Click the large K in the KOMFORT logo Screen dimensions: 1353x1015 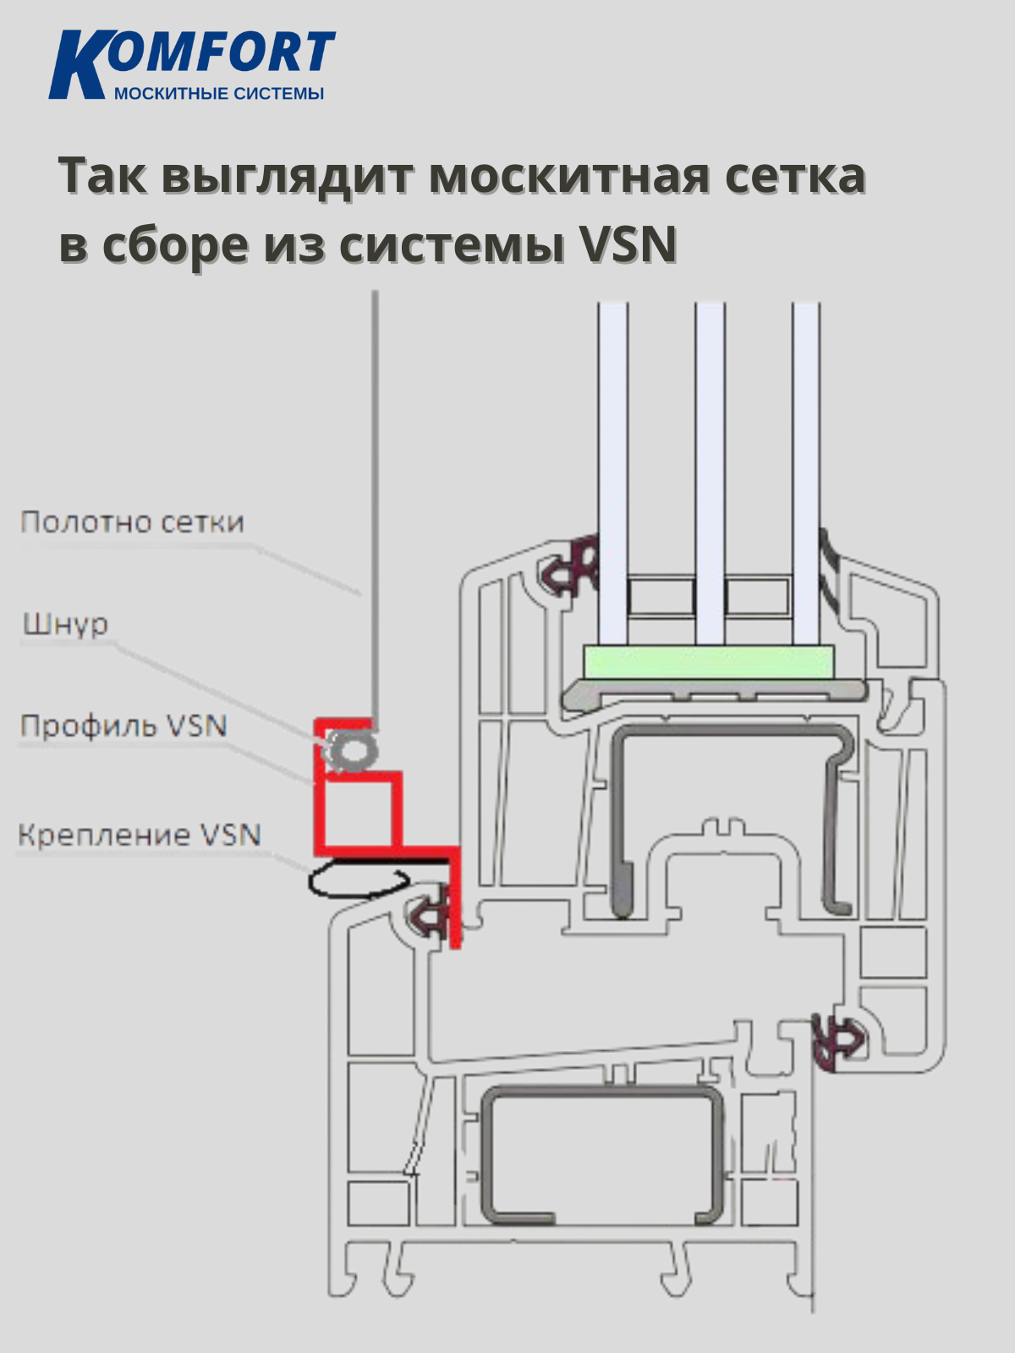78,66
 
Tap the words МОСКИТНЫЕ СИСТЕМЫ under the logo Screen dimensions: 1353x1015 218,93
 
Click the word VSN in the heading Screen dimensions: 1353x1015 628,245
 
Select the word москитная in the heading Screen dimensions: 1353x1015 569,176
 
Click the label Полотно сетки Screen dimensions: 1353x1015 132,522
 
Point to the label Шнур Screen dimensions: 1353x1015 65,624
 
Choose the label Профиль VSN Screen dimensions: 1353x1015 123,726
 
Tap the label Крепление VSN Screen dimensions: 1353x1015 139,835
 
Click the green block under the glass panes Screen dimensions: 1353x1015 709,661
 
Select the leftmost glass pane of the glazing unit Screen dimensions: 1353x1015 612,474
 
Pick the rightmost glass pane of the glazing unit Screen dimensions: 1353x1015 805,474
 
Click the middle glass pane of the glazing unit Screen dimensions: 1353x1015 710,474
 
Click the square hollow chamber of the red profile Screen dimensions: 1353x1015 359,813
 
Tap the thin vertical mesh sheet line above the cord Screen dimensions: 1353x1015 375,507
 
